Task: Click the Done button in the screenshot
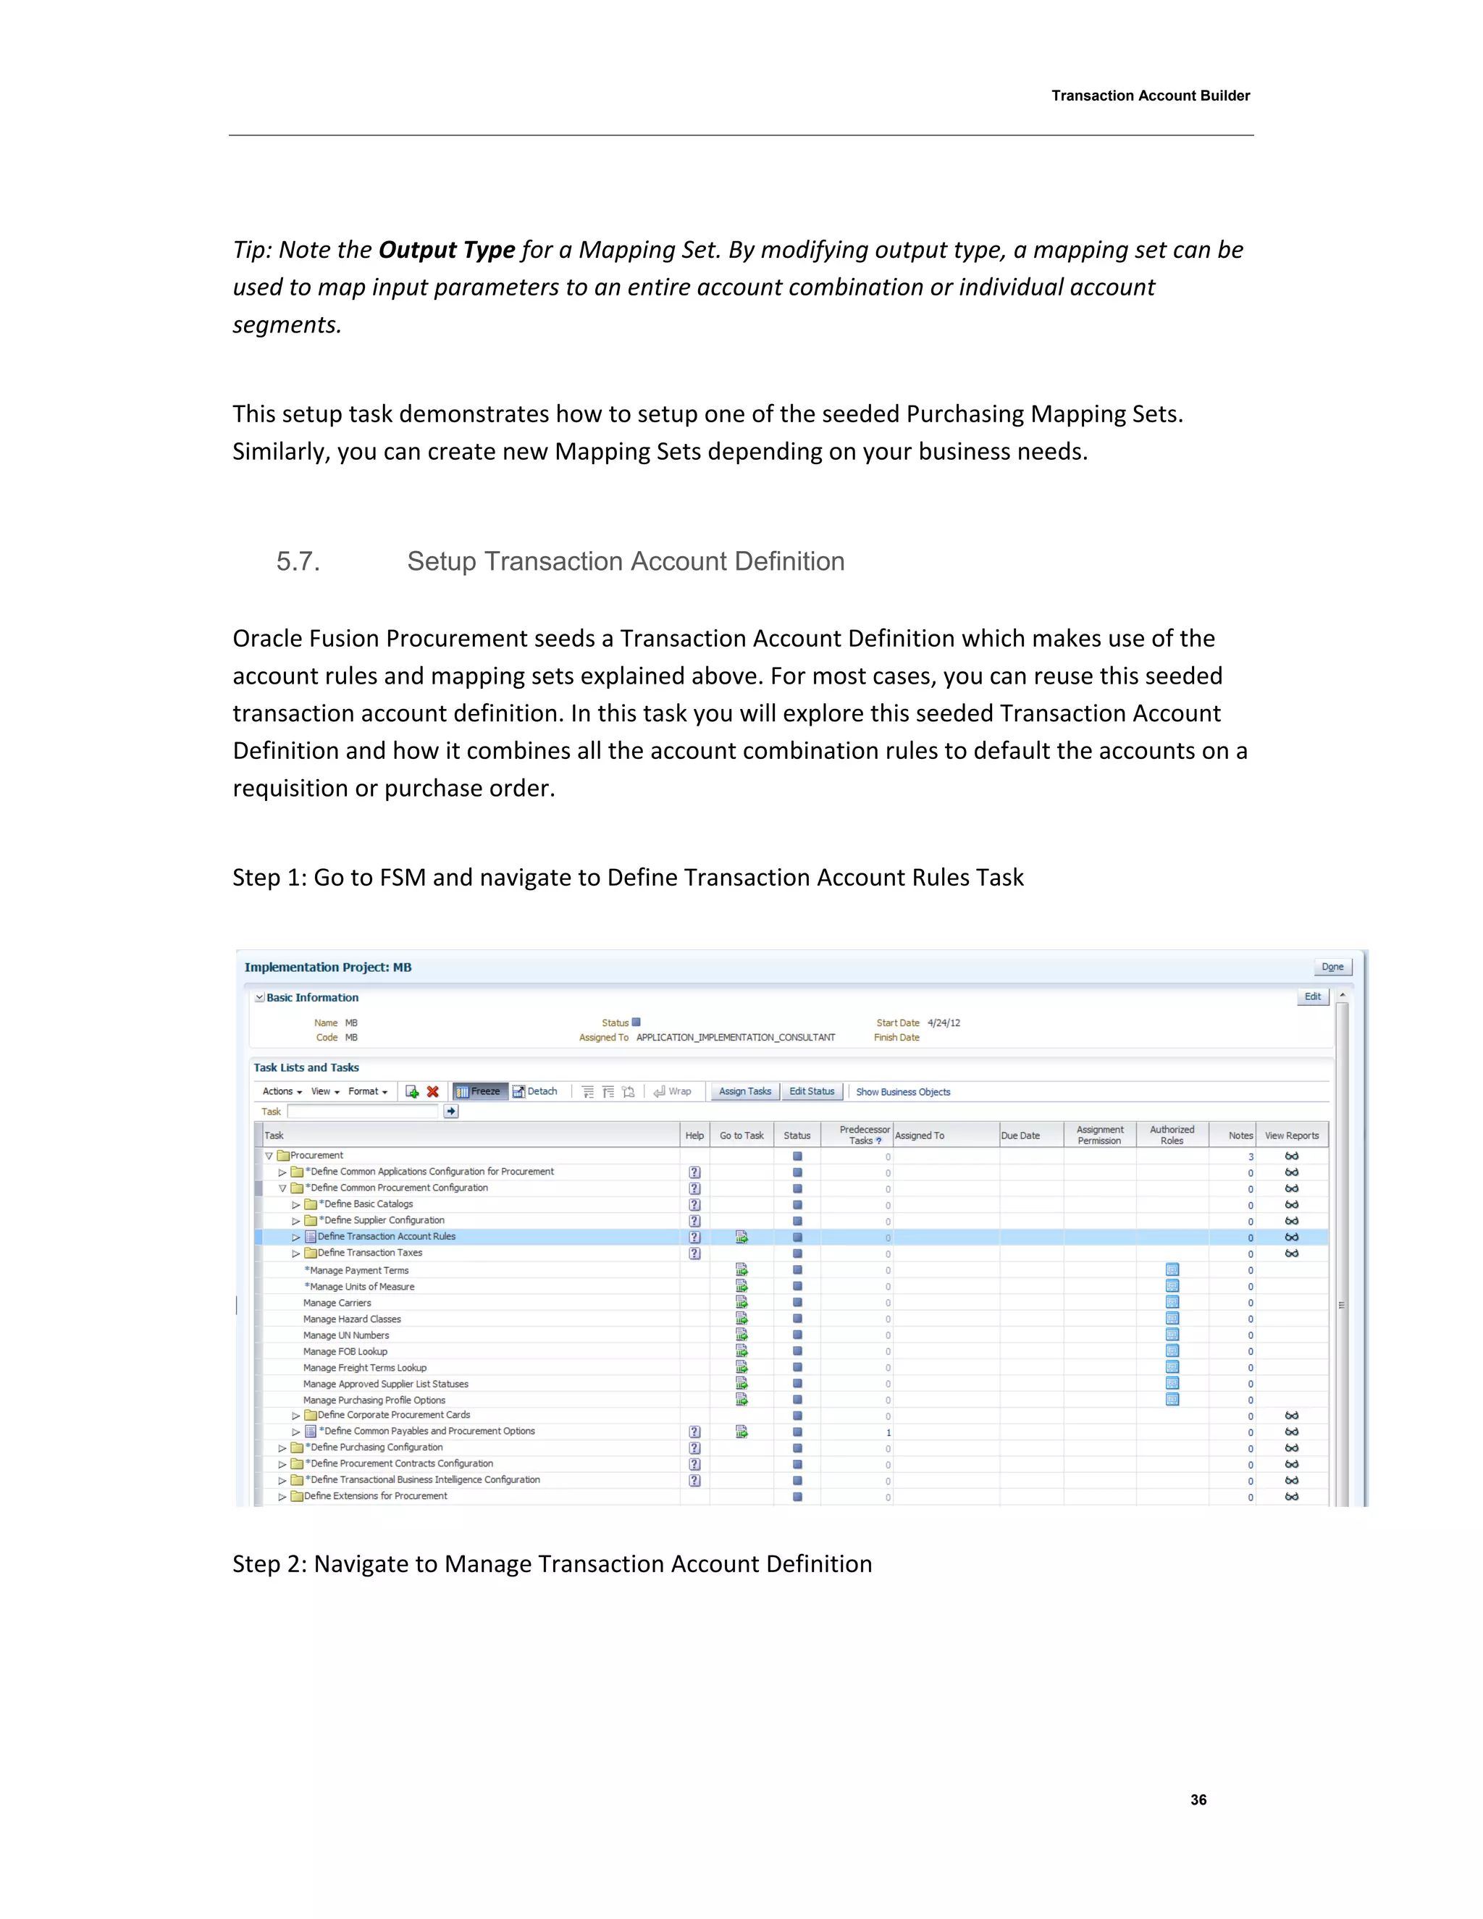1332,967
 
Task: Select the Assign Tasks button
744,1091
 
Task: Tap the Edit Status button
811,1091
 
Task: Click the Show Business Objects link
902,1092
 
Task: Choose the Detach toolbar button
535,1091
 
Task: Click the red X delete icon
432,1092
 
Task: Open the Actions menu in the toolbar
281,1091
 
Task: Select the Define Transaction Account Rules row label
386,1236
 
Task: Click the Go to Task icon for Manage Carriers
741,1302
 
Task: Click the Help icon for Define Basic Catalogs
694,1205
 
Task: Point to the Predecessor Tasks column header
864,1134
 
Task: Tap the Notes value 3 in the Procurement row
1250,1156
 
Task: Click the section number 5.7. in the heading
298,561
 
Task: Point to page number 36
1198,1800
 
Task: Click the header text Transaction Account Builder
1150,96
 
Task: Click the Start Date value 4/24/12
944,1023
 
